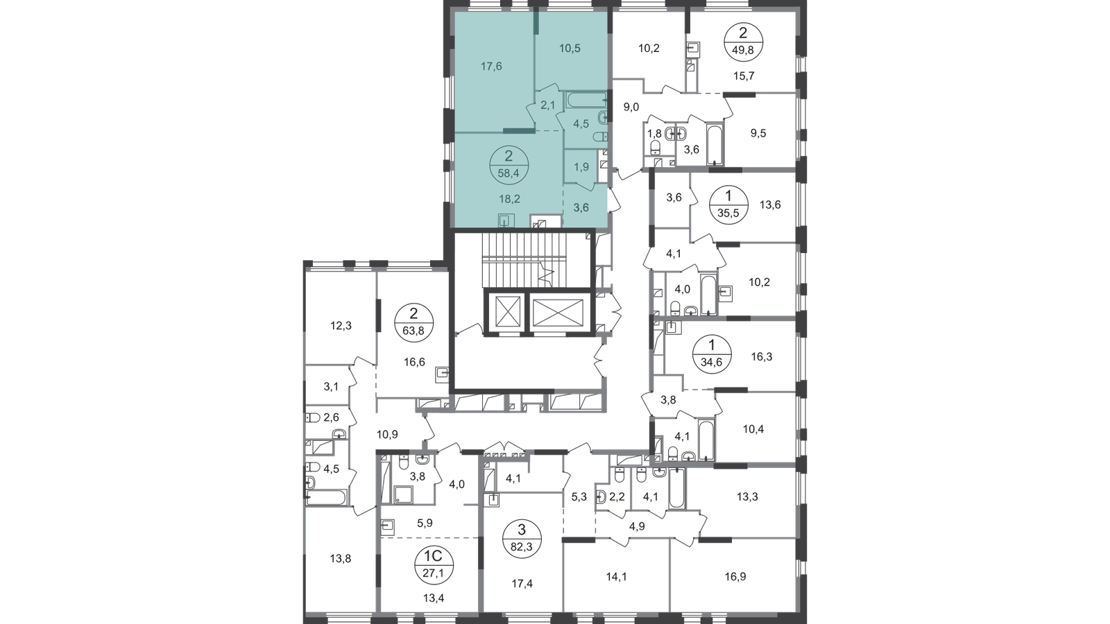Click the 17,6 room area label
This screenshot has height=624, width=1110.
(x=491, y=67)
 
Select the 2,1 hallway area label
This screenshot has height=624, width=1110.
(x=547, y=105)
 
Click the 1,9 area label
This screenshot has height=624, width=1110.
(x=581, y=167)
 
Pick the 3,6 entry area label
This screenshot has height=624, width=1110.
(x=581, y=206)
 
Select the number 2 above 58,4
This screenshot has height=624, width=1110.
(x=509, y=156)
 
